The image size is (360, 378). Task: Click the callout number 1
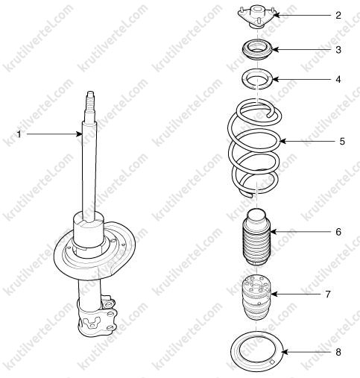19,134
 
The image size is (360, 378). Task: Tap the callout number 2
338,16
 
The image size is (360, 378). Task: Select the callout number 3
338,50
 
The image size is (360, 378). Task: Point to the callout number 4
338,80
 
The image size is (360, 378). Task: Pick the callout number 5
342,142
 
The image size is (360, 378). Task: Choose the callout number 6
338,232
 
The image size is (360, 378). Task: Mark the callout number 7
328,294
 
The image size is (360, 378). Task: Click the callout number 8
338,352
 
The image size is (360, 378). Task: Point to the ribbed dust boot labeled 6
256,236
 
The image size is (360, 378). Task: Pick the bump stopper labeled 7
256,297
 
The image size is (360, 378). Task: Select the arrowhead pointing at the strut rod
79,134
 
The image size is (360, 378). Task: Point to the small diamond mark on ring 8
272,362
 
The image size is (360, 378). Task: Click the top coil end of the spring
269,115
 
